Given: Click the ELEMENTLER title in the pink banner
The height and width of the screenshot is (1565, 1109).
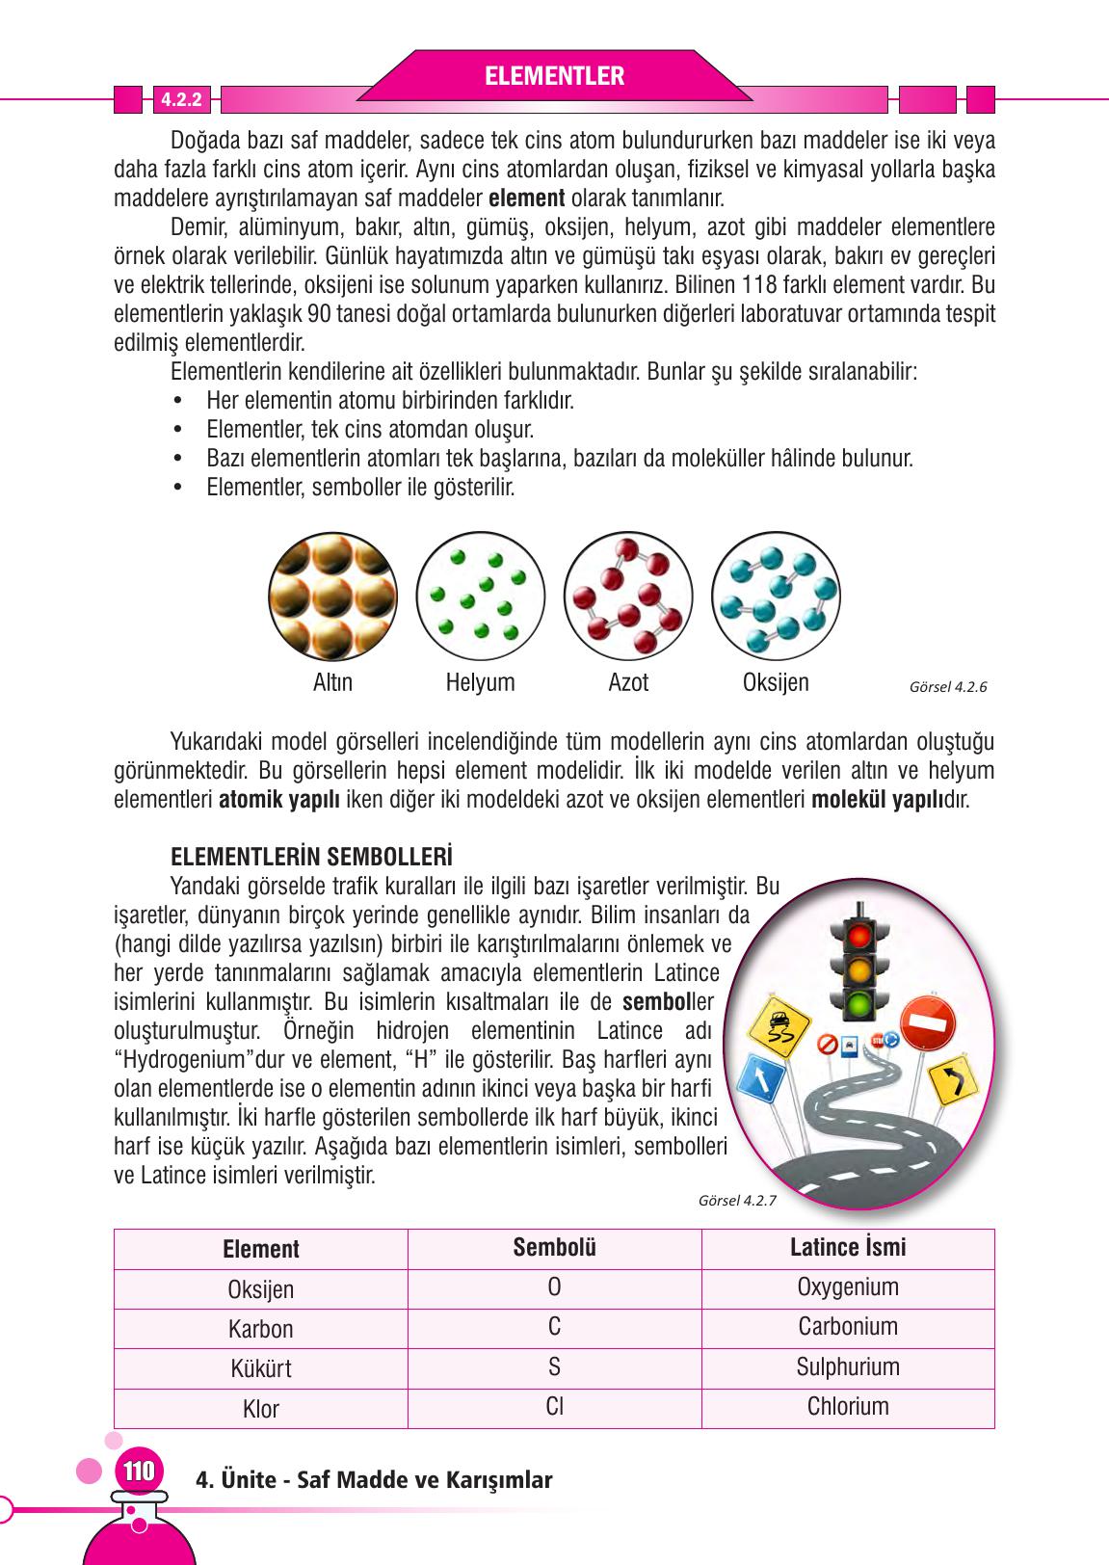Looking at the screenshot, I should [x=554, y=76].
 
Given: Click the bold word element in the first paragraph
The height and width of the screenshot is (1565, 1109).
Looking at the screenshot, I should [x=527, y=199].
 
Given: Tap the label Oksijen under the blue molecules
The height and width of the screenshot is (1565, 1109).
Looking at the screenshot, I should [x=776, y=683].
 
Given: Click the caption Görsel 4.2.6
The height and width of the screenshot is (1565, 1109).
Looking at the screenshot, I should [x=948, y=687].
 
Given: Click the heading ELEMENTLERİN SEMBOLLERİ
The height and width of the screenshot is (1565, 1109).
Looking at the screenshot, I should [x=311, y=856].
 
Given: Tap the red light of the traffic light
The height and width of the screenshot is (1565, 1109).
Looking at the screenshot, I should [x=859, y=935].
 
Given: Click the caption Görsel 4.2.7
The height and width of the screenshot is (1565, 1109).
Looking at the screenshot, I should [x=736, y=1201].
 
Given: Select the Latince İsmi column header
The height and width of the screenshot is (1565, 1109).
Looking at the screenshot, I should [x=848, y=1248].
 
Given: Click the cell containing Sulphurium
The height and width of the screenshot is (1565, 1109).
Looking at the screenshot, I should [x=848, y=1367].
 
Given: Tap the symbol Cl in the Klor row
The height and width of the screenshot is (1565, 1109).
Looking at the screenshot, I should [x=554, y=1407].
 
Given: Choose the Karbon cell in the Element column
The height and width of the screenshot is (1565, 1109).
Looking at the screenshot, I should [x=260, y=1329].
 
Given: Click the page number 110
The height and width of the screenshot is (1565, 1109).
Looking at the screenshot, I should [x=138, y=1472].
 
